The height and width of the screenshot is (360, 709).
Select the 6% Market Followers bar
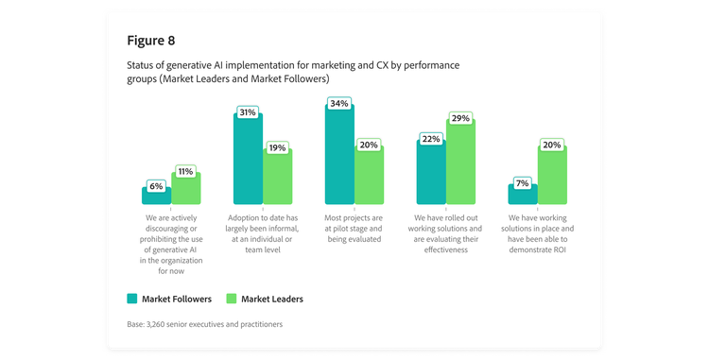point(156,197)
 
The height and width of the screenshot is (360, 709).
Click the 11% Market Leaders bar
point(186,189)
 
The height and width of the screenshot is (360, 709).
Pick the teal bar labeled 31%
point(248,159)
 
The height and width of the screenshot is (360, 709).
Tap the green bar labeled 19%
point(277,177)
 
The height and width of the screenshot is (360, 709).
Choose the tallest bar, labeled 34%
point(339,155)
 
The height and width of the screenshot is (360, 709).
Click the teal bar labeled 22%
point(431,172)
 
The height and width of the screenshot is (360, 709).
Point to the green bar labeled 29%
point(460,163)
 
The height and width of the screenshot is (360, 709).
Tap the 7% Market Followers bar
point(523,195)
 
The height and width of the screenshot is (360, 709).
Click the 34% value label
point(339,103)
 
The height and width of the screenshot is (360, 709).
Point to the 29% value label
point(460,119)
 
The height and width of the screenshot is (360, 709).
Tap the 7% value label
point(522,181)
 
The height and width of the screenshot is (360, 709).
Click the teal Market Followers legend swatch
point(132,299)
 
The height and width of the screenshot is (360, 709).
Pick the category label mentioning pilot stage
point(353,228)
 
